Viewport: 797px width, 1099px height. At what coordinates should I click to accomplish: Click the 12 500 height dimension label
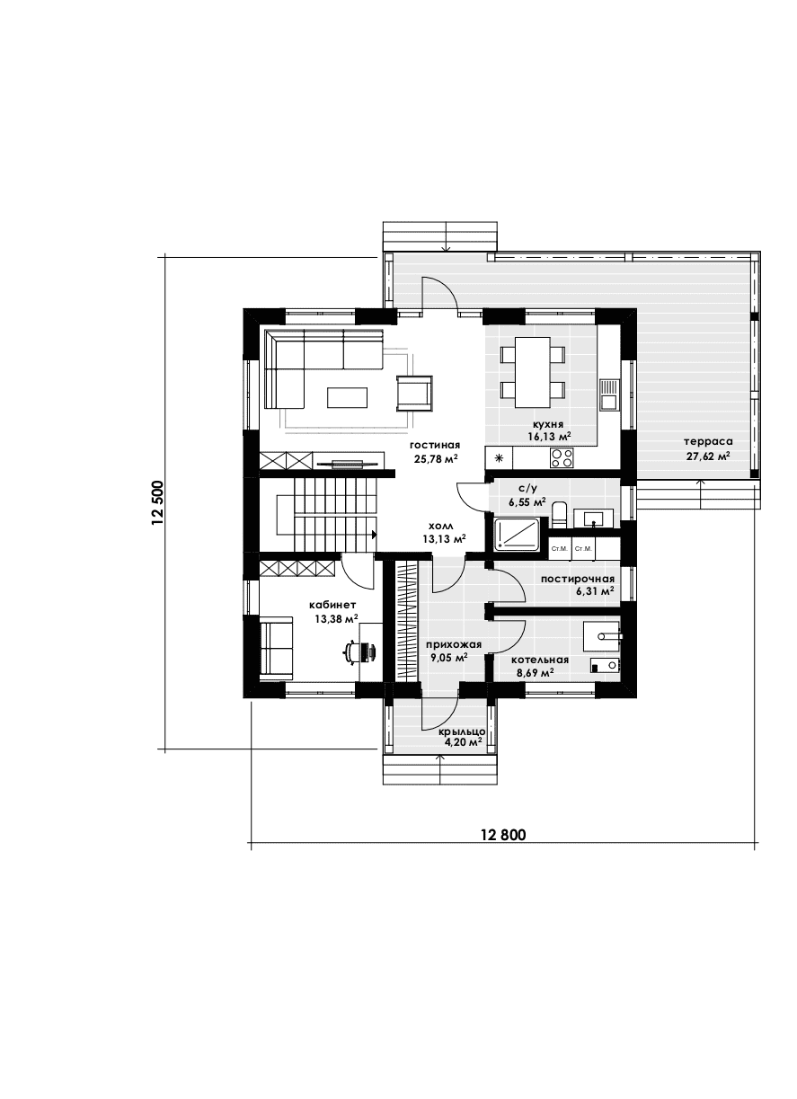click(x=158, y=503)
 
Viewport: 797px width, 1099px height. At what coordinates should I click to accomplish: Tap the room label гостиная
click(x=435, y=446)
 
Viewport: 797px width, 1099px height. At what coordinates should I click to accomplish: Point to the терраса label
click(x=708, y=441)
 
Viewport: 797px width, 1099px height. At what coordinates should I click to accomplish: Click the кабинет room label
click(x=336, y=605)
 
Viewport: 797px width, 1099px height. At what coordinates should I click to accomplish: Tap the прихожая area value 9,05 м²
click(x=448, y=658)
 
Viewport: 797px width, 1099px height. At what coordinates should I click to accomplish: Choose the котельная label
click(x=539, y=660)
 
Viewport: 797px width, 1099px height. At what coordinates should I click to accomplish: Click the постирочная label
click(x=577, y=580)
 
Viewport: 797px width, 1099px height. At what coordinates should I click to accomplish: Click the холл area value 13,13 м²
click(x=445, y=539)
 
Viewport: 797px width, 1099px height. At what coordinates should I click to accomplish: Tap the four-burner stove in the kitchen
click(x=562, y=457)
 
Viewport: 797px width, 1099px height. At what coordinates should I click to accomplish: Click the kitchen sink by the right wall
click(x=609, y=394)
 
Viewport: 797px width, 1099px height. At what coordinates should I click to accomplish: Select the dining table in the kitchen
click(x=532, y=372)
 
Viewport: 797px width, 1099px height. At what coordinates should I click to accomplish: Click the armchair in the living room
click(x=414, y=393)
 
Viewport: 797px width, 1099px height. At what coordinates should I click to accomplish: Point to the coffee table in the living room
click(x=347, y=397)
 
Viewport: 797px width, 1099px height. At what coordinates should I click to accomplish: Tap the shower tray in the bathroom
click(x=518, y=538)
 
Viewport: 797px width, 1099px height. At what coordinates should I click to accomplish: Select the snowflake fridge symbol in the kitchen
click(x=499, y=458)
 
